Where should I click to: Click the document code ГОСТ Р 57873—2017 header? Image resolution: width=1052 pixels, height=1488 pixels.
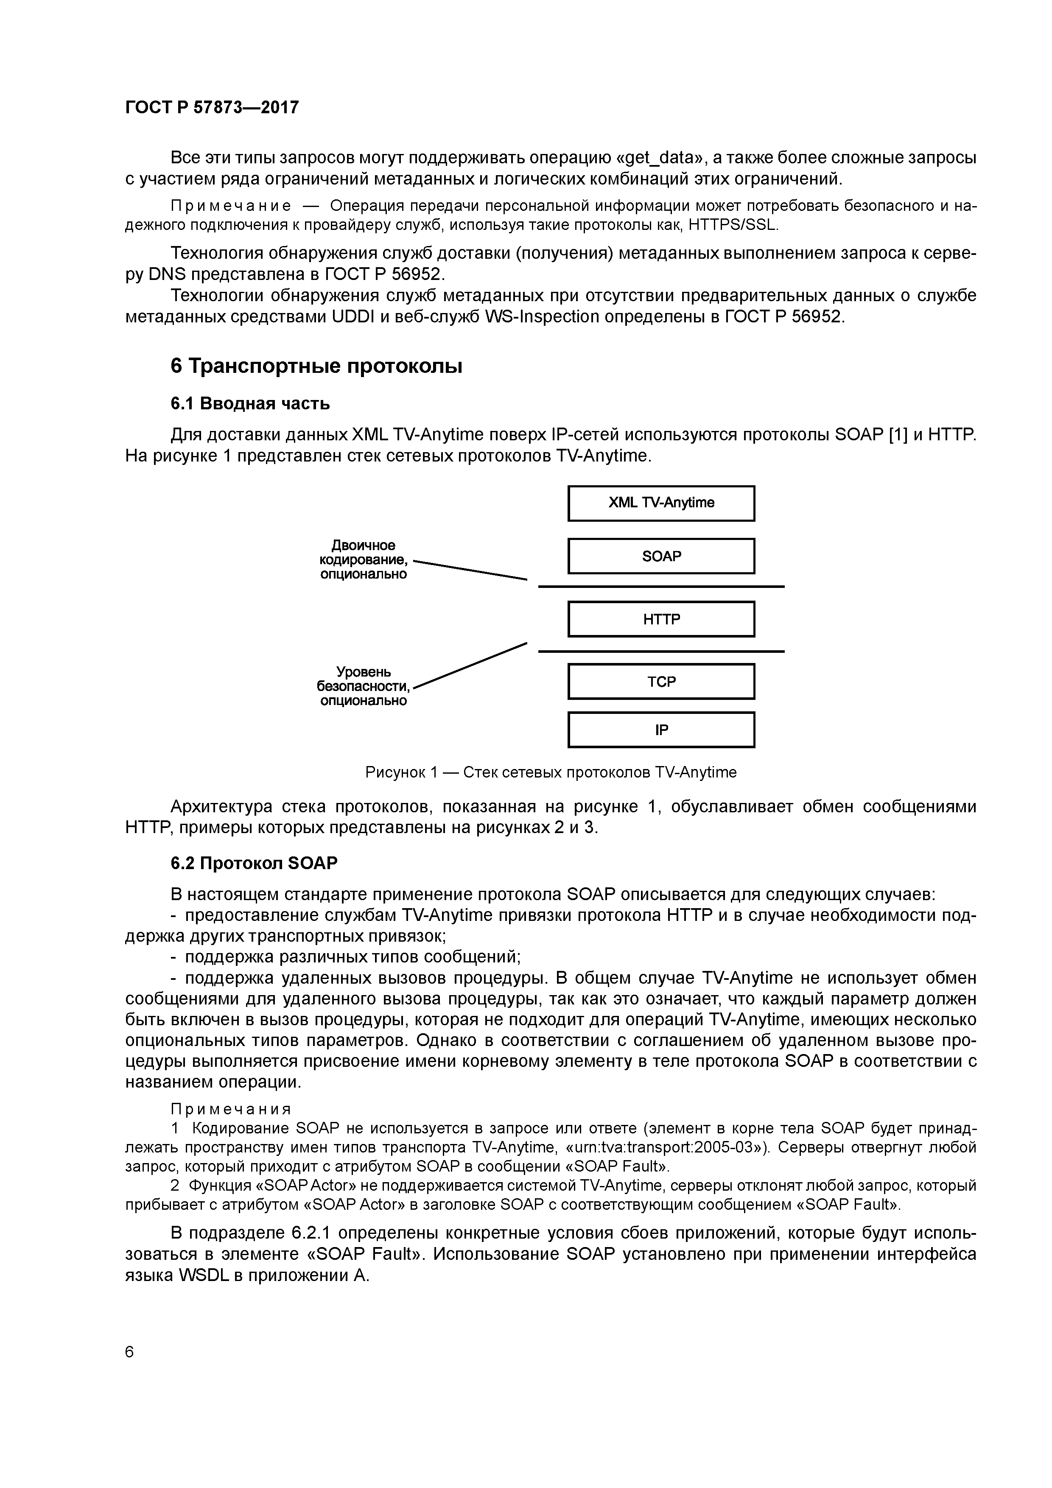click(212, 108)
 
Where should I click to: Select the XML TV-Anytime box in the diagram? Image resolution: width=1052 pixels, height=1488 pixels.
click(661, 503)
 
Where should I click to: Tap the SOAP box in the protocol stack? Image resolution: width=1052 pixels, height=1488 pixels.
click(661, 556)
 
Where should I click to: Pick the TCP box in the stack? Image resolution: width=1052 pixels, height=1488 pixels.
click(661, 682)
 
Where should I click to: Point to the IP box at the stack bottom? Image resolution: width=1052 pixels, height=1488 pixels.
click(661, 730)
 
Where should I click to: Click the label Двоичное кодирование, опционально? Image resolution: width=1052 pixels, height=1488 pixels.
click(364, 559)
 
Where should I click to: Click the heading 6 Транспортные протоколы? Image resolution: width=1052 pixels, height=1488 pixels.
click(316, 367)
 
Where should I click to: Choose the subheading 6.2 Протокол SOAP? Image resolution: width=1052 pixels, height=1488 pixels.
click(254, 864)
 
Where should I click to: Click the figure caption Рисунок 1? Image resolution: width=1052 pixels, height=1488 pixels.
click(551, 772)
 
